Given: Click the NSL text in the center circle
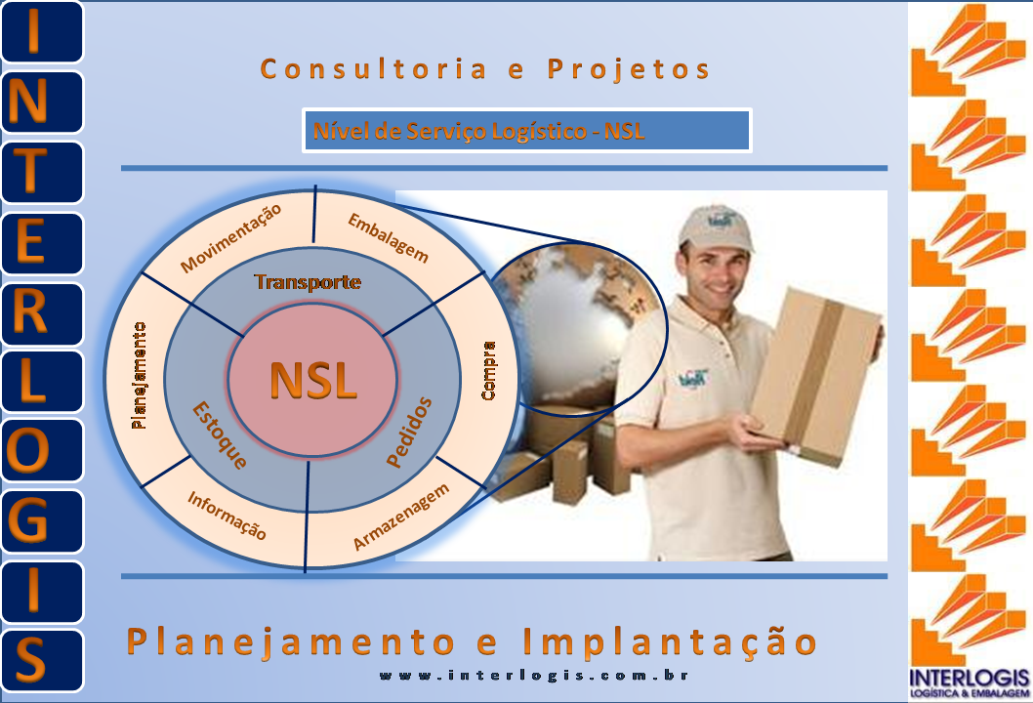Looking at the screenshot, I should point(313,380).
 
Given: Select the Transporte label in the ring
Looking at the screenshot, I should point(308,282).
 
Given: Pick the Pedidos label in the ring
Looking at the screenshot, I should point(409,432).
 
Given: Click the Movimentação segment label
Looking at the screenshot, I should point(230,238).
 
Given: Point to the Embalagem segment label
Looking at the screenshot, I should point(388,237).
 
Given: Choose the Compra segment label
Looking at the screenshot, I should point(489,370).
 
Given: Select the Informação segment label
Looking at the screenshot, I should point(227,516).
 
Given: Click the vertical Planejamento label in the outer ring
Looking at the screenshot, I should point(139,375).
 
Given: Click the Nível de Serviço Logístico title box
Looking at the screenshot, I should point(526,131).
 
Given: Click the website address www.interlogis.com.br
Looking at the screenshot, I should point(534,676).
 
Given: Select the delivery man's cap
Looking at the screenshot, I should point(715,229).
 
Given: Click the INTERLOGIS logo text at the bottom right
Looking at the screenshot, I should point(969,678).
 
